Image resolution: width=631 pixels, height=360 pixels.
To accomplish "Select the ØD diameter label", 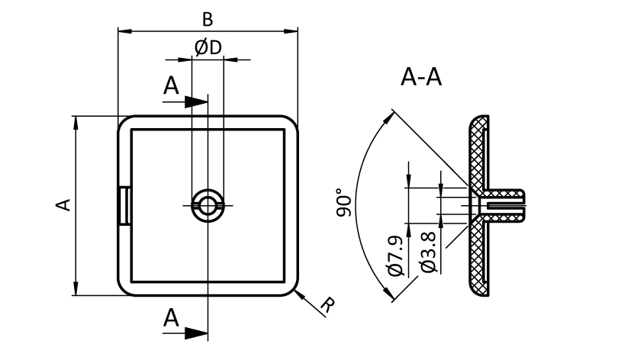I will pos(208,47).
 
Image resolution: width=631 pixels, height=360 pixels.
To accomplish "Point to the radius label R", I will pos(327,306).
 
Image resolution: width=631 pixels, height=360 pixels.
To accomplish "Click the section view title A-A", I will pos(422,77).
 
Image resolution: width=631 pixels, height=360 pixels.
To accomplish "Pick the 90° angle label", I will pos(345,204).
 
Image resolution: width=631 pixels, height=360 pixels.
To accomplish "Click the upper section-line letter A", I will pos(172,86).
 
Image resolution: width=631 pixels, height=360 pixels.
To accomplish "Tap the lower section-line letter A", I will pos(172,317).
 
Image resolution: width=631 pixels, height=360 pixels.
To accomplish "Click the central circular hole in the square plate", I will pos(207,204).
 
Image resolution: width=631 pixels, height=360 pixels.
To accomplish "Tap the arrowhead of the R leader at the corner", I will pos(295,291).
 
